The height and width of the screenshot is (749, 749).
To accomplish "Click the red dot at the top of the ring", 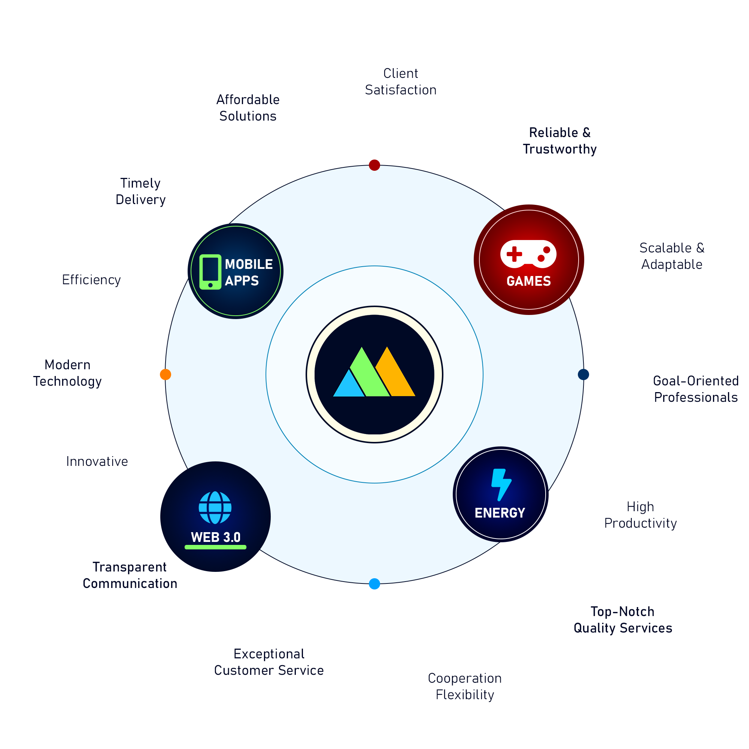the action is [x=374, y=165].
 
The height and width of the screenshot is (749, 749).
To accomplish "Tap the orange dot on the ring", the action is [x=166, y=374].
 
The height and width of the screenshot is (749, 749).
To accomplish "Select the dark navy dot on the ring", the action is [x=583, y=374].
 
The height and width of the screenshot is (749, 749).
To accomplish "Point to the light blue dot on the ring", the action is [x=374, y=584].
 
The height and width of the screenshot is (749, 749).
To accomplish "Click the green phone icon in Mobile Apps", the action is [x=210, y=272].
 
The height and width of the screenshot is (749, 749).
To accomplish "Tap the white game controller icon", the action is [x=528, y=254].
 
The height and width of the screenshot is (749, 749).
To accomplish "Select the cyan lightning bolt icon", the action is [x=501, y=485].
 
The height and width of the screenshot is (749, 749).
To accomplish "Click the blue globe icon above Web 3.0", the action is [x=215, y=508].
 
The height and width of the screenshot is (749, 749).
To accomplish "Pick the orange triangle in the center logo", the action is [x=395, y=372].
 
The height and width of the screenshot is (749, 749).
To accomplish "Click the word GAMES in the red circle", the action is [x=529, y=281].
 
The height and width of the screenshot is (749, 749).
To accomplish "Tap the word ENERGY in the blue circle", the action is [x=500, y=513].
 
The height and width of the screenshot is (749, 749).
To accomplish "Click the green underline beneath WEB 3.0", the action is [x=216, y=547].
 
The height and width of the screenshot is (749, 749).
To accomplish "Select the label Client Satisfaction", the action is [x=401, y=81].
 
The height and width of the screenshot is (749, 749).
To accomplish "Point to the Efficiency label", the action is [x=91, y=279].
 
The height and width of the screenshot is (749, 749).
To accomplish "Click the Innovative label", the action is [x=97, y=461].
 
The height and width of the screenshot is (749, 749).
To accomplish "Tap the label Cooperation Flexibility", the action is [x=465, y=686].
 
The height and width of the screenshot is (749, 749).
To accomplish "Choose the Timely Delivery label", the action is [x=141, y=191].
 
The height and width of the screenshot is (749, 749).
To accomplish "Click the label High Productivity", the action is [x=640, y=515].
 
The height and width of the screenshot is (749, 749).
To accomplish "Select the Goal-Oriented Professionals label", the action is [x=696, y=389].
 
